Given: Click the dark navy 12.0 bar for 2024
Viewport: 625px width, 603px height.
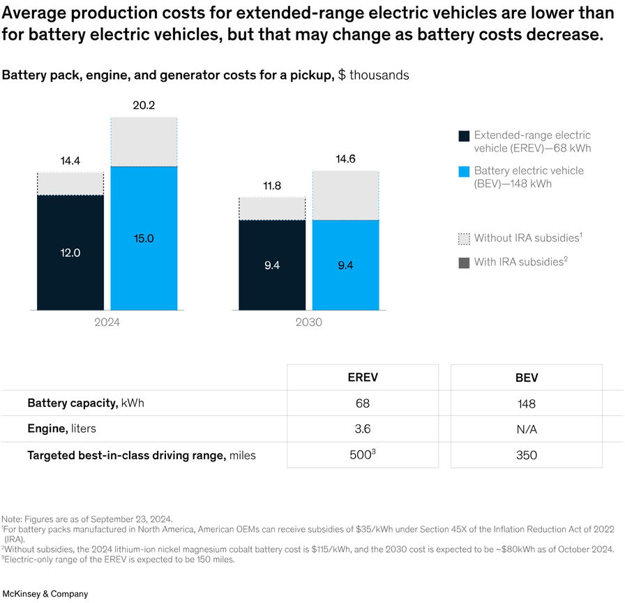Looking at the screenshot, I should [x=70, y=253].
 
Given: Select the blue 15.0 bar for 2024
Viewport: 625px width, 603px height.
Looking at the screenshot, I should [x=144, y=238].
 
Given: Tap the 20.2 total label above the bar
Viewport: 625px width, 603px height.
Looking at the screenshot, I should [x=144, y=105].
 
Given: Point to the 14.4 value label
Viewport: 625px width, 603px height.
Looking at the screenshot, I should [x=70, y=161].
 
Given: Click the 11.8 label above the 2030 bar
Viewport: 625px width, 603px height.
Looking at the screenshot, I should [x=272, y=186].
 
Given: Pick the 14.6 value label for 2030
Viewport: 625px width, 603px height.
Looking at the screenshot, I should [x=345, y=159].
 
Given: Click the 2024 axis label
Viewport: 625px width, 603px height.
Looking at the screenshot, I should [x=107, y=322].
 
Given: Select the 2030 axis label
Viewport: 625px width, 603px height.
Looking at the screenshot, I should [x=308, y=322].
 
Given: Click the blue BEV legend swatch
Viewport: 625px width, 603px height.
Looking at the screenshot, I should [x=464, y=172].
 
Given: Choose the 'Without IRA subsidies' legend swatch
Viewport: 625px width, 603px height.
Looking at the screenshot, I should [x=464, y=239].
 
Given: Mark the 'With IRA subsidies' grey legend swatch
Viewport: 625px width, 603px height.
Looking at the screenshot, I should [x=464, y=262].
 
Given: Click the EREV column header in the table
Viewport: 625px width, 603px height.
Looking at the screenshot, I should [x=362, y=378].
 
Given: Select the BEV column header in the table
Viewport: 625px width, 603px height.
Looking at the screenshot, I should [x=527, y=378].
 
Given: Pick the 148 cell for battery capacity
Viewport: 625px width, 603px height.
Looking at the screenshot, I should [x=527, y=403].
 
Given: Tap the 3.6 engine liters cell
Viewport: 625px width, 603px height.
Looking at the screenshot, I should [x=362, y=429].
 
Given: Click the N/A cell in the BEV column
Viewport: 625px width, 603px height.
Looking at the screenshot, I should [x=527, y=429].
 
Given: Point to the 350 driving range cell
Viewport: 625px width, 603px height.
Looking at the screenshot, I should [x=527, y=455].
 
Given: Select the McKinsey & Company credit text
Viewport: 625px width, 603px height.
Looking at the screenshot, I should [x=45, y=594].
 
